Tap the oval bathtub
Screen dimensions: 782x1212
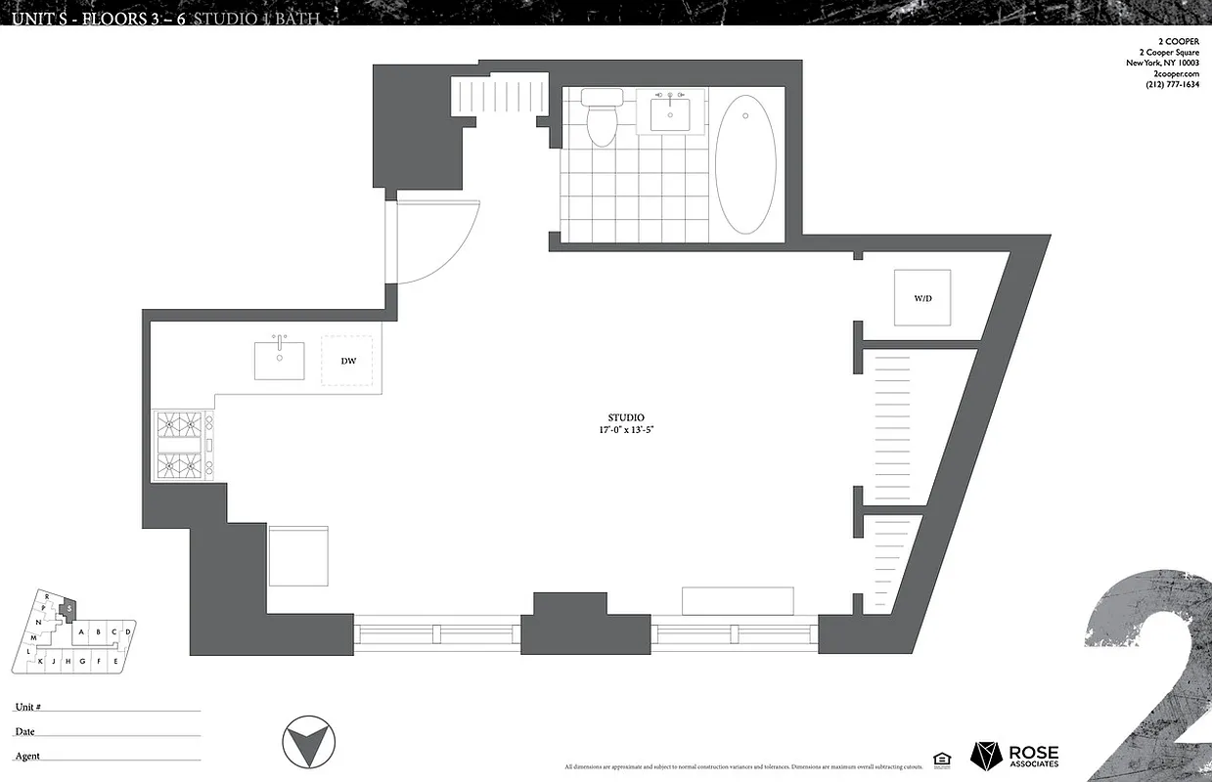click(x=745, y=164)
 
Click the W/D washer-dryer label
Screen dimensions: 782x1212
click(x=922, y=298)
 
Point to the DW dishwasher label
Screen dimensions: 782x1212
click(x=348, y=361)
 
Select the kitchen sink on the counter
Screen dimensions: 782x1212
click(x=279, y=360)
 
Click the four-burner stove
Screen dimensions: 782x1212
click(x=183, y=446)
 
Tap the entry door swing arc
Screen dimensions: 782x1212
click(x=440, y=244)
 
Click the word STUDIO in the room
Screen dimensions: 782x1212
click(x=626, y=417)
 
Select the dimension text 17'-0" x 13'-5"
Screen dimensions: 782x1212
click(x=626, y=430)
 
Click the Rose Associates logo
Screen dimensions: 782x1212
click(x=1014, y=757)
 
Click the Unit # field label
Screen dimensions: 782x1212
click(x=27, y=707)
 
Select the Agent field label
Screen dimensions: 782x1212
click(x=26, y=756)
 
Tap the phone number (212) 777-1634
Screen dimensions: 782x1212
click(x=1172, y=85)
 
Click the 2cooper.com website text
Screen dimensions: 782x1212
click(x=1177, y=74)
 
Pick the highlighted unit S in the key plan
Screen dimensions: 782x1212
click(x=68, y=609)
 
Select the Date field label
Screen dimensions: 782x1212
click(x=24, y=731)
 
